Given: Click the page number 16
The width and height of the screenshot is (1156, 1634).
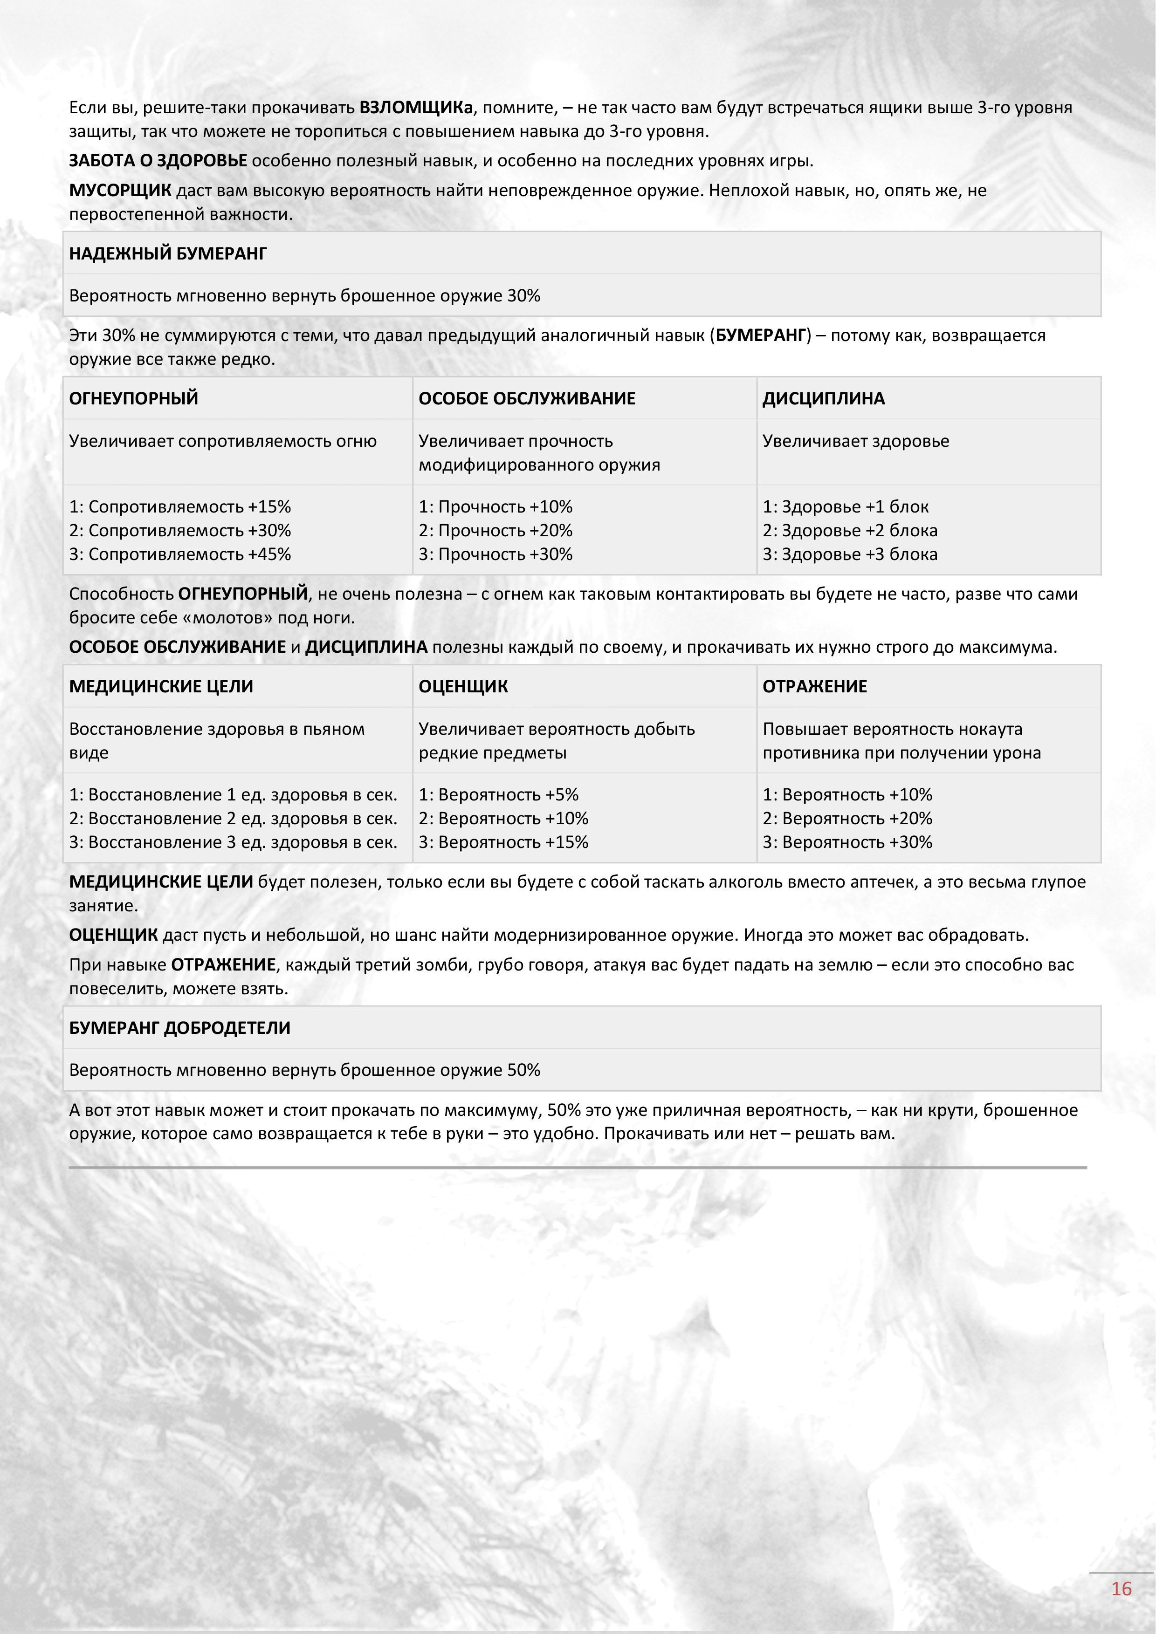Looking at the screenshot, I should pyautogui.click(x=1121, y=1588).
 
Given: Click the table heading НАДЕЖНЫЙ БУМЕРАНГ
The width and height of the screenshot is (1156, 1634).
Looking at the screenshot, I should pyautogui.click(x=168, y=253).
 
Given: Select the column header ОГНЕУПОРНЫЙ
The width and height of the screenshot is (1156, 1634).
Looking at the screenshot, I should pyautogui.click(x=134, y=398).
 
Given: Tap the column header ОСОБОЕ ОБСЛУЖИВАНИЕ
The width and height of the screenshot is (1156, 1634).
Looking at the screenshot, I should pyautogui.click(x=527, y=398).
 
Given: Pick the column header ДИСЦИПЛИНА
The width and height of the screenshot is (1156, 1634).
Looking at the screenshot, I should pyautogui.click(x=824, y=398).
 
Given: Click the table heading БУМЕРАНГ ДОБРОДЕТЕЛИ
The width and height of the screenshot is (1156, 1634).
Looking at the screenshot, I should pyautogui.click(x=179, y=1028).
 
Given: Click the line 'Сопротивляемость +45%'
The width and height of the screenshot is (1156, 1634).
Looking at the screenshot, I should pyautogui.click(x=180, y=554).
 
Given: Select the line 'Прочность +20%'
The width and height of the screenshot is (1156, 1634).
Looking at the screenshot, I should pyautogui.click(x=495, y=531).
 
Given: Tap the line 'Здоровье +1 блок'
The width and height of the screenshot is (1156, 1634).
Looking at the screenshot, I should pyautogui.click(x=846, y=507).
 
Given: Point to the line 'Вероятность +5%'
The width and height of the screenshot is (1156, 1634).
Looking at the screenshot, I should pyautogui.click(x=498, y=795).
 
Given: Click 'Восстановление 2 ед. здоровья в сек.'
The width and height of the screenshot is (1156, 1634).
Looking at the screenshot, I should pyautogui.click(x=234, y=819).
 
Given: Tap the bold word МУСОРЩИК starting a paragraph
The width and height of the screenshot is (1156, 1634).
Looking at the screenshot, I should pyautogui.click(x=120, y=191).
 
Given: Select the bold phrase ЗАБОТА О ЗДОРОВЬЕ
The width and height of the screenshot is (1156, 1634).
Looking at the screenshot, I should pyautogui.click(x=158, y=161).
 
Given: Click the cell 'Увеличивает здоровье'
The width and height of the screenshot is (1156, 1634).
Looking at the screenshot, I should pyautogui.click(x=856, y=441).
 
